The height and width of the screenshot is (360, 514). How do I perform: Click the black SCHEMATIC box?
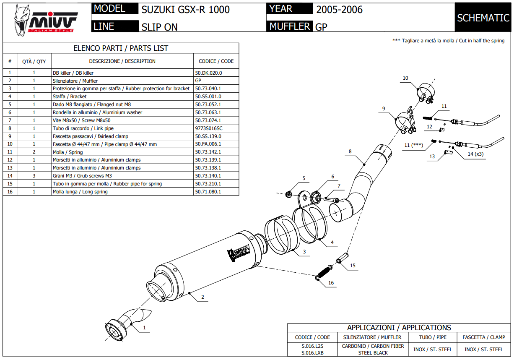click(483, 18)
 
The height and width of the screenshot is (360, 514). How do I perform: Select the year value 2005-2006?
click(339, 10)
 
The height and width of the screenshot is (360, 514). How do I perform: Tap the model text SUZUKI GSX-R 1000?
click(185, 10)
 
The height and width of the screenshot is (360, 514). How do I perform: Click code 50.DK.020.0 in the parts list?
click(208, 73)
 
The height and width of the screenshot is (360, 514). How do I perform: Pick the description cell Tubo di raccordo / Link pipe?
click(83, 128)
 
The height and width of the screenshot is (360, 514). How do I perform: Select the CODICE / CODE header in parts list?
click(216, 61)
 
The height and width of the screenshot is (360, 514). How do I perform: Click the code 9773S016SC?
click(209, 128)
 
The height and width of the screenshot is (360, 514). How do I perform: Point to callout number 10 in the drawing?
click(405, 78)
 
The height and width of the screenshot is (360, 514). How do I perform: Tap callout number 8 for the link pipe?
click(350, 151)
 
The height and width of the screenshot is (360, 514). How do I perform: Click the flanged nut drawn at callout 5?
click(289, 194)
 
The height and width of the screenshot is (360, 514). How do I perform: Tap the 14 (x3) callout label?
click(476, 154)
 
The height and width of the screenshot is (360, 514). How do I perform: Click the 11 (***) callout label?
click(413, 145)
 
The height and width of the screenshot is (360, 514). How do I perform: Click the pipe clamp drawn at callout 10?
click(426, 93)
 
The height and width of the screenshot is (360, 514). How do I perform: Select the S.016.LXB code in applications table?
click(312, 353)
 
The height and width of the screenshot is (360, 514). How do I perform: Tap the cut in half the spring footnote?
click(448, 41)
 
